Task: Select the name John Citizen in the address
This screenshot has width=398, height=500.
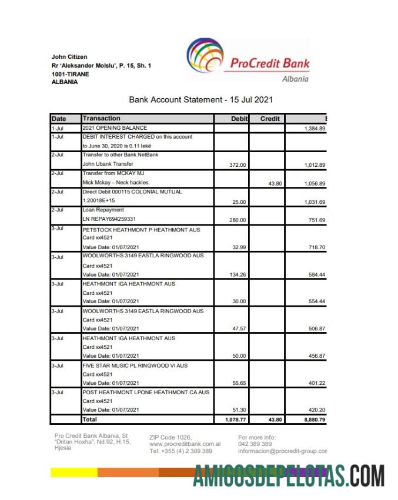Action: pos(69,57)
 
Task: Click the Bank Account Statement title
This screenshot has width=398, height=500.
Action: pos(200,100)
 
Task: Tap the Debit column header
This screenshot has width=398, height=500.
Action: pos(239,119)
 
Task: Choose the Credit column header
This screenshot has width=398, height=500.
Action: pos(270,119)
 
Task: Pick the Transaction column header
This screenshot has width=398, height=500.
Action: pos(102,119)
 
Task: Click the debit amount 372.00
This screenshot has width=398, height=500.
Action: pos(239,165)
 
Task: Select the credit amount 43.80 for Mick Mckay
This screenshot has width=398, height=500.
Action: pos(275,183)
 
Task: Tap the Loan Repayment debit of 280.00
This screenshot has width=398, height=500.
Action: pos(239,220)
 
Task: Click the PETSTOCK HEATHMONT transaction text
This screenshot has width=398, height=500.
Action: pos(141,230)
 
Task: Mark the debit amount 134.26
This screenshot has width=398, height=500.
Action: pos(239,274)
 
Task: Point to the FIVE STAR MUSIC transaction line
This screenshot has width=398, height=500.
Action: pos(135,365)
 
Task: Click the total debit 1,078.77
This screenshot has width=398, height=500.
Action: pos(236,420)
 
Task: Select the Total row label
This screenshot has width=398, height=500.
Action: pos(90,420)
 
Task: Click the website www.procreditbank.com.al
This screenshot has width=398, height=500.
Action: pos(185,444)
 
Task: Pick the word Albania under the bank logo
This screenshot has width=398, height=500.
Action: pos(295,79)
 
